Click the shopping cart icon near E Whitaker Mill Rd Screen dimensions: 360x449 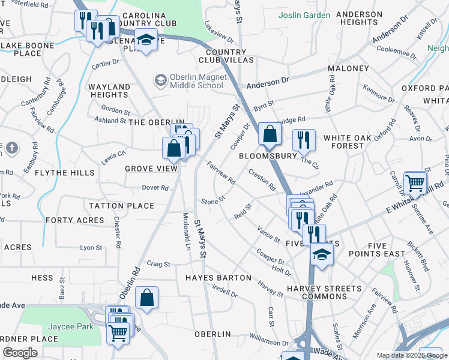415,184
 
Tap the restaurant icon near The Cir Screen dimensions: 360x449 304,140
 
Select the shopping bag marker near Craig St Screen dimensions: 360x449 146,298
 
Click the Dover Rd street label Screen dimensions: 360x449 155,188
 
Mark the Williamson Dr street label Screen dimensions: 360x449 269,338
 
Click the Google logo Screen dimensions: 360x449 20,353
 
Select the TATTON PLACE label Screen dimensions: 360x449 122,206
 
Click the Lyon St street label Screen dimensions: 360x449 91,247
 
